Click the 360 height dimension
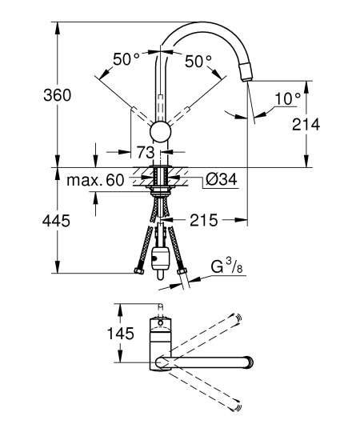58,95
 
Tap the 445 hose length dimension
56,221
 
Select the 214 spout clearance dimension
306,125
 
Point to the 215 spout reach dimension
203,220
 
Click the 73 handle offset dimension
146,152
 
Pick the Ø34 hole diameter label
221,180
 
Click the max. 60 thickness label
95,181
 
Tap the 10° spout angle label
288,98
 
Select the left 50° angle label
126,58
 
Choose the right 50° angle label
198,61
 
